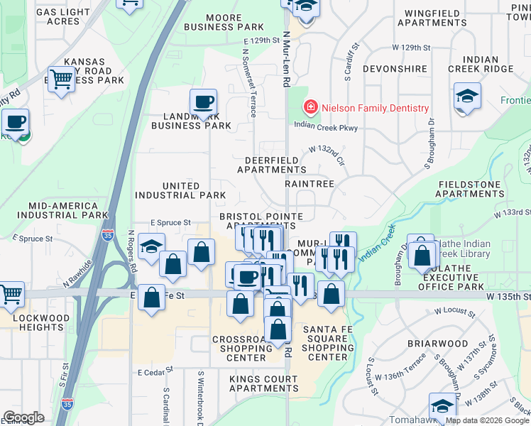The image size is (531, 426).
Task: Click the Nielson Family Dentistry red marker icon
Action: [310, 108]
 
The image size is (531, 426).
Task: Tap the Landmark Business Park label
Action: [191, 121]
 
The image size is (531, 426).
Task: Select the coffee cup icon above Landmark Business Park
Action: [204, 102]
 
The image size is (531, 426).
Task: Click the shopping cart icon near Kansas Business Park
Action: [62, 80]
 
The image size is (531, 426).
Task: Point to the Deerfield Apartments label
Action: [271, 165]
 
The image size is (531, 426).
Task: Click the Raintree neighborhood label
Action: [310, 183]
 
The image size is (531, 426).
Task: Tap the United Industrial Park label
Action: [182, 190]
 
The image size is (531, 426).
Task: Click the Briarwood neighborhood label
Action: [438, 344]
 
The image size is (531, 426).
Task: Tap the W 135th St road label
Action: [508, 295]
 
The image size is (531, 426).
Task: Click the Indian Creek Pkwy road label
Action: [326, 128]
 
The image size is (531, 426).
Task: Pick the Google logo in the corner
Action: [23, 417]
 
